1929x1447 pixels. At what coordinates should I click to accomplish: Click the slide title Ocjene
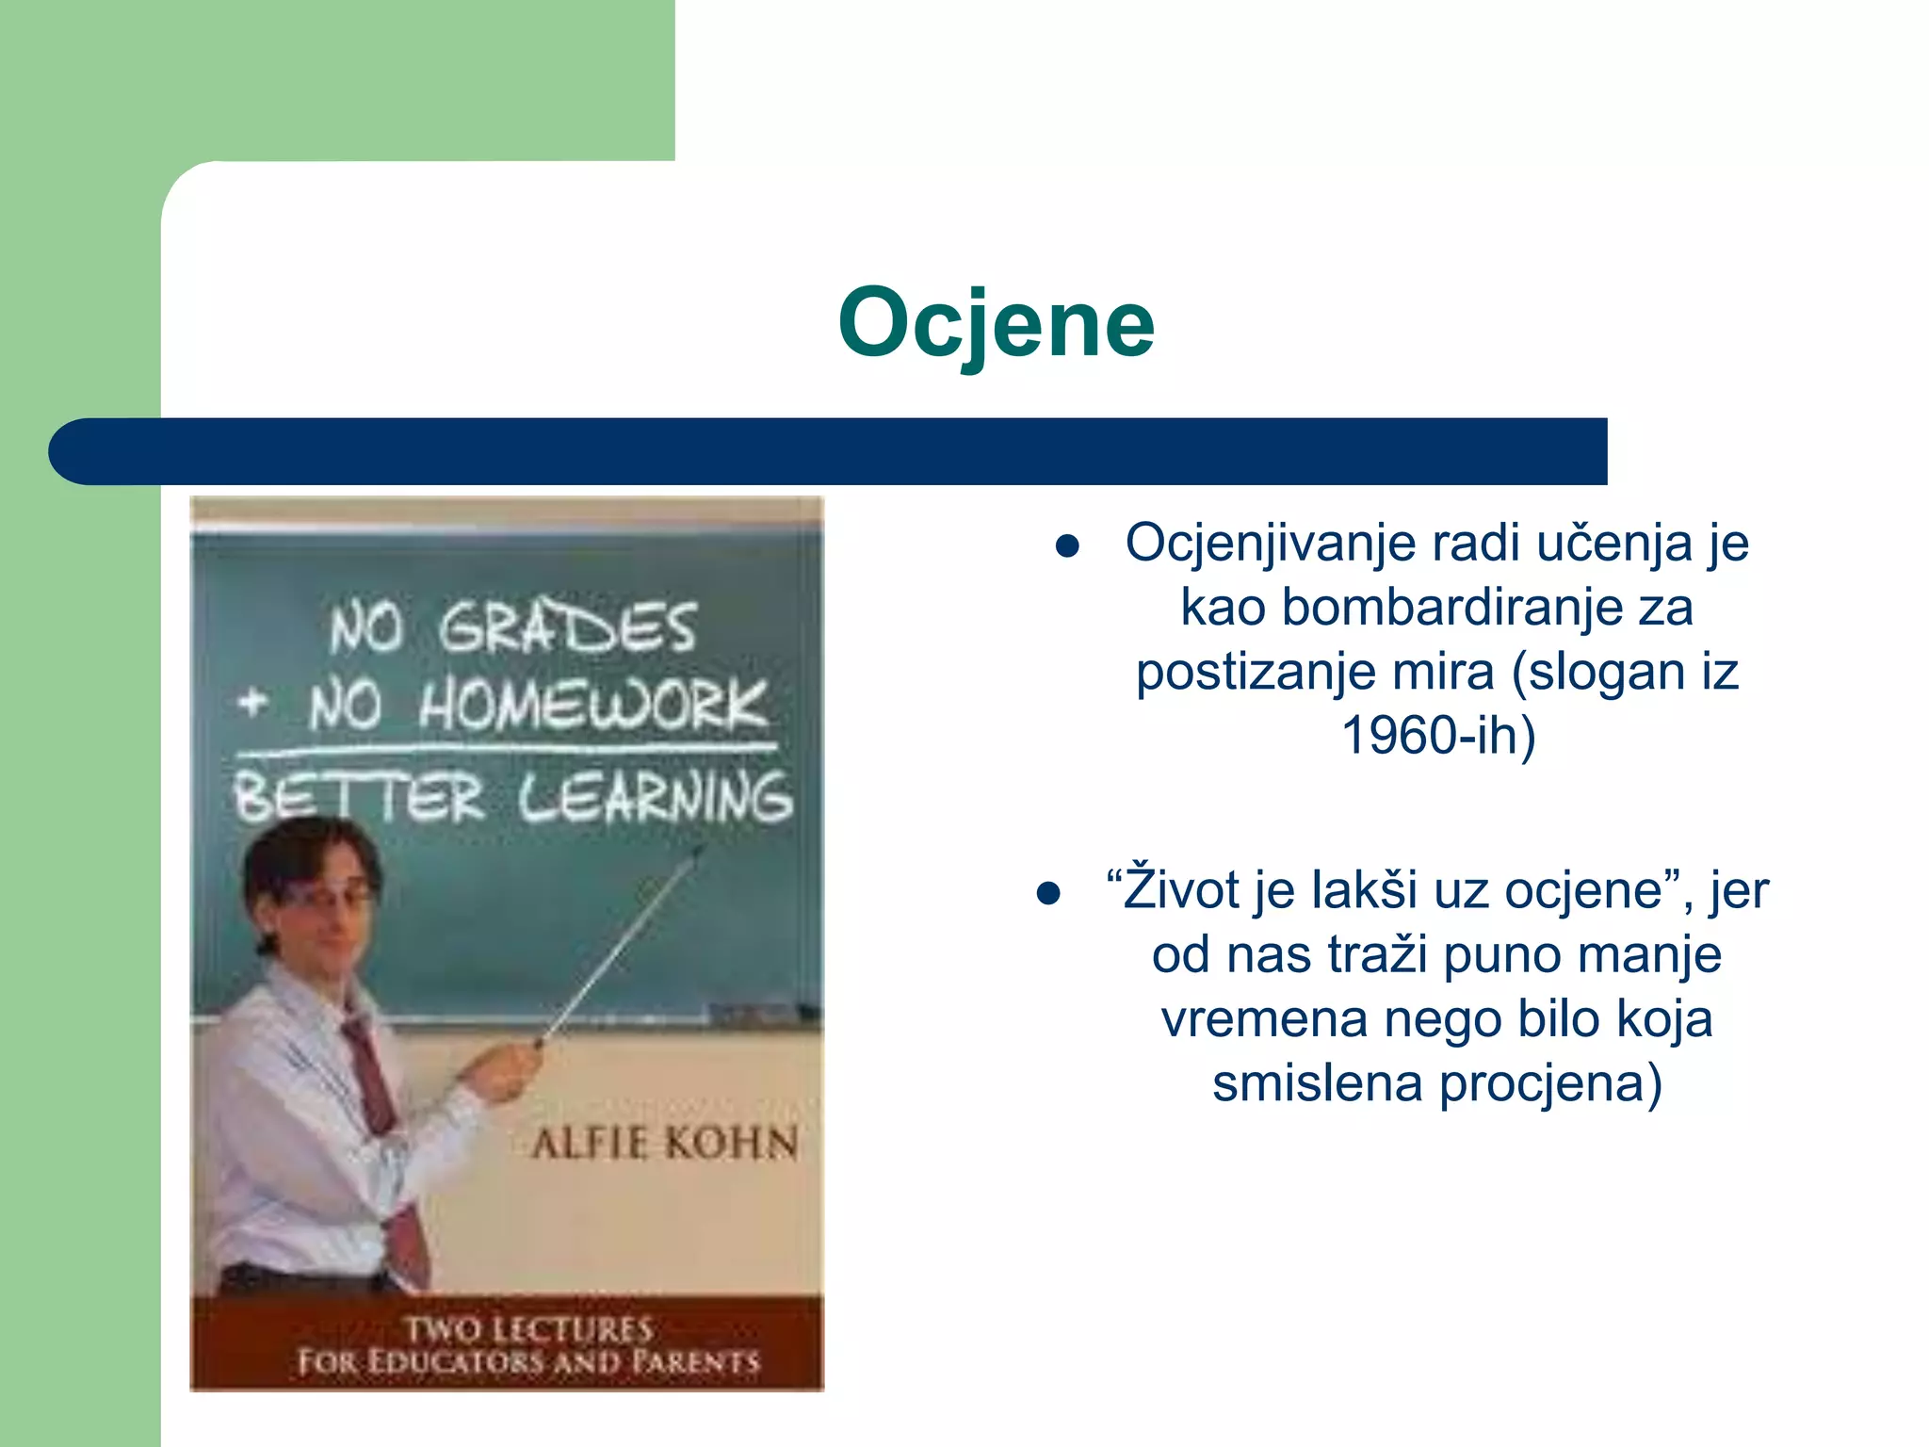[x=996, y=323]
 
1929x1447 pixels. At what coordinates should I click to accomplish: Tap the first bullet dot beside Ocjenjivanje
[x=1066, y=547]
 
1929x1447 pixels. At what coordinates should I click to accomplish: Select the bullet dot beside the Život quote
[x=1048, y=893]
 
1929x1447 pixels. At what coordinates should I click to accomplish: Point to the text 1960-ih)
[x=1437, y=736]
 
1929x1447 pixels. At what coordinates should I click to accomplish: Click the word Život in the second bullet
[x=1181, y=889]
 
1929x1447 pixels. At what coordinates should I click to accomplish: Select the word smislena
[x=1317, y=1083]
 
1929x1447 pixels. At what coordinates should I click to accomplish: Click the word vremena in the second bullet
[x=1264, y=1020]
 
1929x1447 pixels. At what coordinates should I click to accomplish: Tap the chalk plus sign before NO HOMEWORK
[x=252, y=702]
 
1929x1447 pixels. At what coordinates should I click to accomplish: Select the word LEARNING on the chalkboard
[x=655, y=797]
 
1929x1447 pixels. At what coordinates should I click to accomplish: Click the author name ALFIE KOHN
[x=664, y=1145]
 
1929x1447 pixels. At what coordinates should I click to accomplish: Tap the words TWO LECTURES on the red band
[x=529, y=1329]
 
